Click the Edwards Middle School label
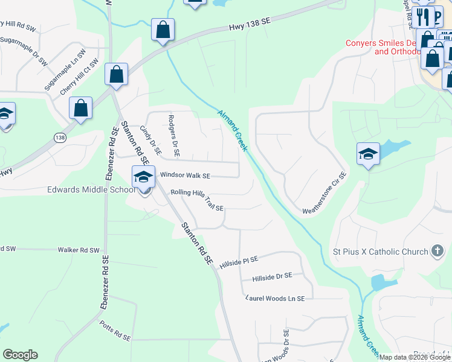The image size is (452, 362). tap(91, 189)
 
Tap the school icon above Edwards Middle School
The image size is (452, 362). tap(143, 177)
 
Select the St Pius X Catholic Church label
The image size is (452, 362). tap(381, 251)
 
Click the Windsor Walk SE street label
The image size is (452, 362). tap(185, 176)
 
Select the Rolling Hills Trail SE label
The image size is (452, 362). tap(197, 200)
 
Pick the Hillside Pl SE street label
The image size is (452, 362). tap(239, 261)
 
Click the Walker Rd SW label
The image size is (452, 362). tap(78, 249)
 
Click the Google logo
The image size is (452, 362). tap(20, 355)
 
